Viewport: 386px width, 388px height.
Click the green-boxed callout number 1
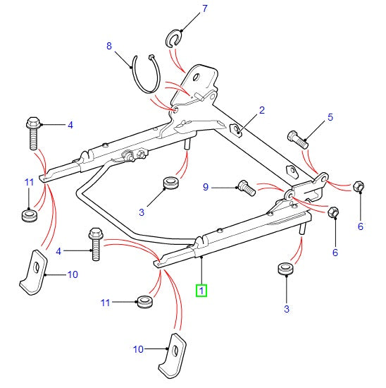(x=201, y=289)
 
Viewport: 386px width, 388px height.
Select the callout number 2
(x=261, y=110)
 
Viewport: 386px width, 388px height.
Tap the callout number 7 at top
(x=185, y=9)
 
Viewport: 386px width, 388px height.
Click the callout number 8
(x=109, y=46)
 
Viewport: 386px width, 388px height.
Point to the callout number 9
(x=206, y=187)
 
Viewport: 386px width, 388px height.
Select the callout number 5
(x=330, y=117)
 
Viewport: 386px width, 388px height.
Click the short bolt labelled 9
(x=245, y=188)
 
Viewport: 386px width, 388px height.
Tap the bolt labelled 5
(x=298, y=138)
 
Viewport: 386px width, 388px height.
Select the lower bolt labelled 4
(x=96, y=243)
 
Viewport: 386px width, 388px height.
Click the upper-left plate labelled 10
(x=32, y=269)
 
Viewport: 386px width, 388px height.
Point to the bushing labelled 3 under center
(x=170, y=185)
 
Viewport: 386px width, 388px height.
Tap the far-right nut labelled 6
(x=358, y=187)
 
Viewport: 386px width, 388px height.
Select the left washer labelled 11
(x=29, y=214)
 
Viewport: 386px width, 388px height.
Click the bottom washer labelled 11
(x=144, y=303)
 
